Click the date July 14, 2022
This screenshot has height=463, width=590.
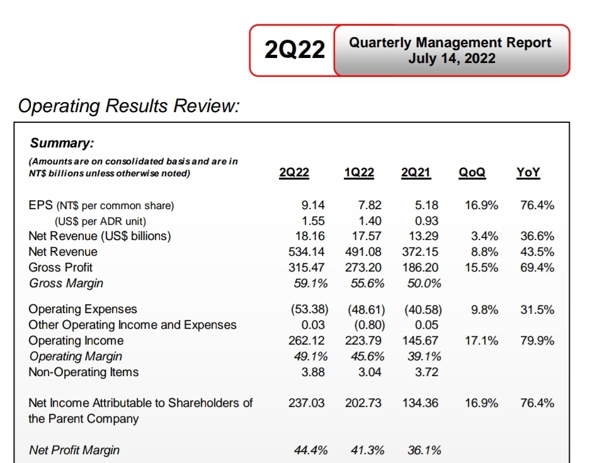click(451, 59)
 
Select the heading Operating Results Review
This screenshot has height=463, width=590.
click(128, 106)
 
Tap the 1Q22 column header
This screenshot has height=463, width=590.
click(359, 173)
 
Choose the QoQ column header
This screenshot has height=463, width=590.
click(472, 173)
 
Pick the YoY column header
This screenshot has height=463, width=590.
click(528, 173)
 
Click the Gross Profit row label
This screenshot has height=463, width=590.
click(60, 267)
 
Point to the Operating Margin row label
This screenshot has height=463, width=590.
click(76, 356)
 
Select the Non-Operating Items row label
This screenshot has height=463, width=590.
click(84, 372)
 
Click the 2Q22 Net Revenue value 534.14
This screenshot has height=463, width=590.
click(306, 251)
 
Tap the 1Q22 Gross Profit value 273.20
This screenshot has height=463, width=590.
click(363, 267)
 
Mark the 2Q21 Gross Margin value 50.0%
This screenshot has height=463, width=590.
click(424, 283)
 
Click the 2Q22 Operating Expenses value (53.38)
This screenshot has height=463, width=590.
click(310, 309)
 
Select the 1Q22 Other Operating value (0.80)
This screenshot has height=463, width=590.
click(366, 325)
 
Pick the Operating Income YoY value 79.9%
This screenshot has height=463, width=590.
click(537, 341)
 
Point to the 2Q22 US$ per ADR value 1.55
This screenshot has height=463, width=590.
click(313, 220)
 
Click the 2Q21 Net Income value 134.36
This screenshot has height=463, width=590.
click(420, 403)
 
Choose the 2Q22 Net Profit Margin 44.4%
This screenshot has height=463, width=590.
click(310, 450)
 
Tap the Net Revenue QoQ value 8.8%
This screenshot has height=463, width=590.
click(485, 251)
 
